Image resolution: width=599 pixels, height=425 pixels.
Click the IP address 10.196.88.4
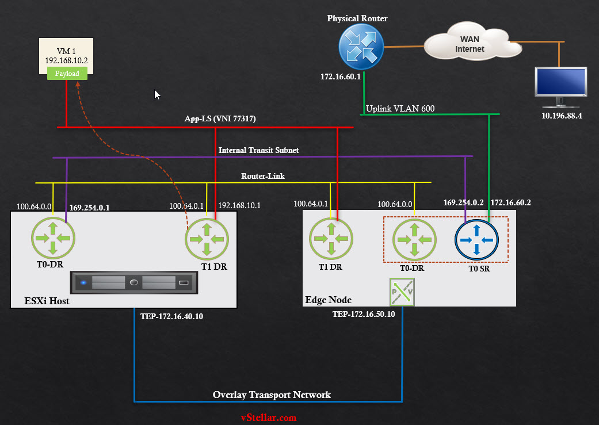(x=561, y=116)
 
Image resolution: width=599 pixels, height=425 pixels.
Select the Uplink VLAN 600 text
(x=400, y=108)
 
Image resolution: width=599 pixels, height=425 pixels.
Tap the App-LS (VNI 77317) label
(x=220, y=119)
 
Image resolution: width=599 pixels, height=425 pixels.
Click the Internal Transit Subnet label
(x=258, y=150)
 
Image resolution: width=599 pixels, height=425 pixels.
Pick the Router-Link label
(x=263, y=176)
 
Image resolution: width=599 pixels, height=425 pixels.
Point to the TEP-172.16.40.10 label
(x=171, y=316)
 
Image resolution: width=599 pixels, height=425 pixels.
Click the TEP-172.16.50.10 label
(x=364, y=314)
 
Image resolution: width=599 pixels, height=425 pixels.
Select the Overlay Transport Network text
(x=272, y=395)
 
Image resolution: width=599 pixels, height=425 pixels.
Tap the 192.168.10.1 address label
(x=239, y=205)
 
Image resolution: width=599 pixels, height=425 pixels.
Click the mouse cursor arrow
(x=157, y=95)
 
